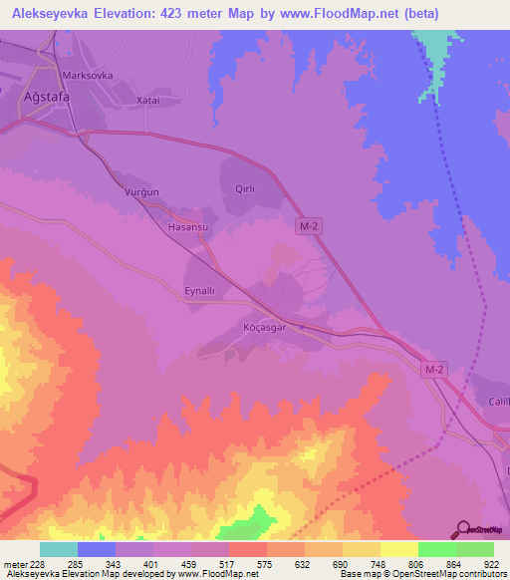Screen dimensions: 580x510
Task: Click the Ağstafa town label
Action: point(45,97)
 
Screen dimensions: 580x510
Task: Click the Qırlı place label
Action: point(245,187)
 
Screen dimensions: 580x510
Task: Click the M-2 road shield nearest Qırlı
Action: point(310,228)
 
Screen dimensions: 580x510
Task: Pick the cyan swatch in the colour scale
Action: point(59,549)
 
